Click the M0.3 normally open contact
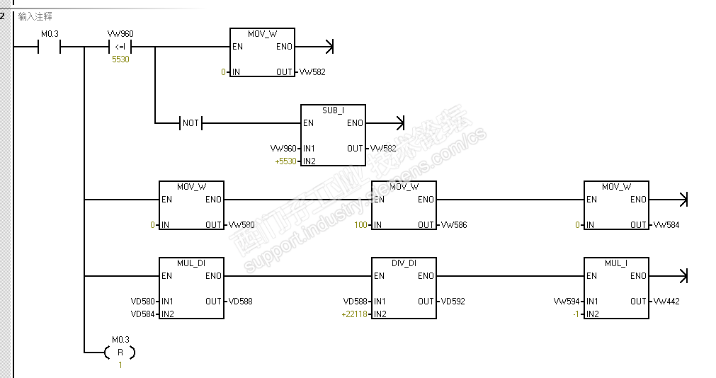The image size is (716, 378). pyautogui.click(x=49, y=47)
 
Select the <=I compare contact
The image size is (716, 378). pyautogui.click(x=120, y=47)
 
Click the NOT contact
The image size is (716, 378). pyautogui.click(x=191, y=123)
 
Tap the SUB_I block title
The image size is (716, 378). pyautogui.click(x=333, y=110)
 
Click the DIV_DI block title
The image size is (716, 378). pyautogui.click(x=404, y=263)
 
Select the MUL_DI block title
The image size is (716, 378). pyautogui.click(x=191, y=263)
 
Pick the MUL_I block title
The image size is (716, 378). pyautogui.click(x=616, y=263)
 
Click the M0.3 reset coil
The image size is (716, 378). pyautogui.click(x=120, y=352)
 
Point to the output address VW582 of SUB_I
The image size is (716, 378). pyautogui.click(x=383, y=149)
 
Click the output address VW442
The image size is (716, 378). pyautogui.click(x=666, y=302)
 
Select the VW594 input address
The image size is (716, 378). pyautogui.click(x=568, y=302)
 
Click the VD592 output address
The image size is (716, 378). pyautogui.click(x=453, y=302)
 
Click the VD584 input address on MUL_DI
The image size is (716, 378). pyautogui.click(x=144, y=314)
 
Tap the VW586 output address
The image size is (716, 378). pyautogui.click(x=454, y=225)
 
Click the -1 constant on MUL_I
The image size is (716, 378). pyautogui.click(x=576, y=314)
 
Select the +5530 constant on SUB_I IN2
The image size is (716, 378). pyautogui.click(x=285, y=161)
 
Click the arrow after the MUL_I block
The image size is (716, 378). pyautogui.click(x=683, y=275)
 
